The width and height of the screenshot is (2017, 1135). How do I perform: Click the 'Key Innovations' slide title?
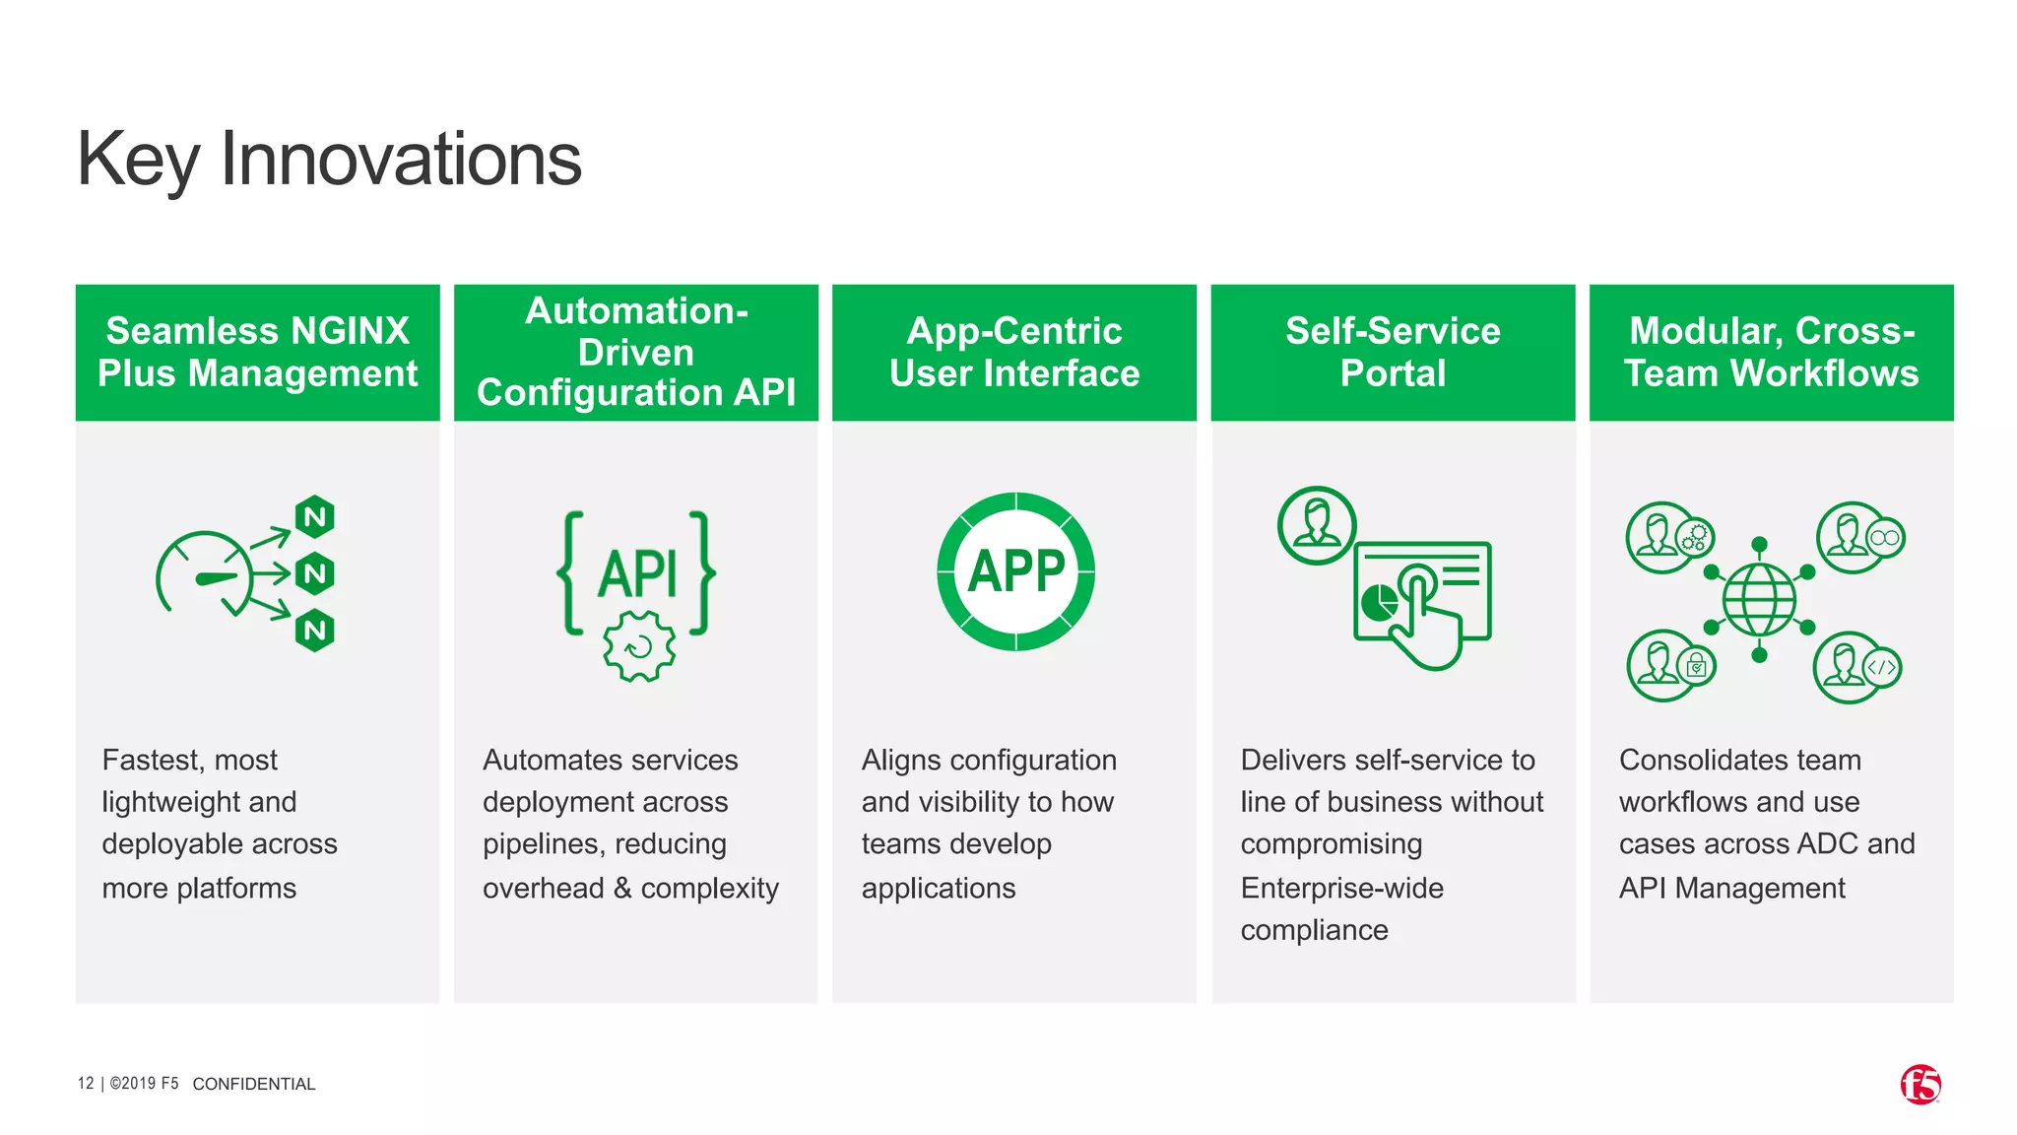point(329,160)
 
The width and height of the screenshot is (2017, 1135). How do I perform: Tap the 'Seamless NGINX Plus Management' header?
point(257,352)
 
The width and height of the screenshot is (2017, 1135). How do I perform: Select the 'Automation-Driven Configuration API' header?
point(636,352)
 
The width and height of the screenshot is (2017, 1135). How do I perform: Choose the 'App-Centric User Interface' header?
point(1014,352)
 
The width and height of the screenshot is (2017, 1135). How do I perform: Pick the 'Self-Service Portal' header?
point(1393,352)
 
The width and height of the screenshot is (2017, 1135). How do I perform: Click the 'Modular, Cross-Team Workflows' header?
point(1771,352)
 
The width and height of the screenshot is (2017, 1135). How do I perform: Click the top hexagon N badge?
point(315,516)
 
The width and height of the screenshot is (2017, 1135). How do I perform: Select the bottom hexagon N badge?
point(315,631)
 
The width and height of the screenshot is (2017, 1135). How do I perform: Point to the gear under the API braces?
point(639,646)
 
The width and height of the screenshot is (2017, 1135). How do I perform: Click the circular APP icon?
point(1015,571)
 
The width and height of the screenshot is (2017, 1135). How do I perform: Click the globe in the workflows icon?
point(1759,600)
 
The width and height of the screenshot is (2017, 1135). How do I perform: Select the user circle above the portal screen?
point(1317,525)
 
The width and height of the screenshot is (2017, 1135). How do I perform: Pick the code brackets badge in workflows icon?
point(1881,667)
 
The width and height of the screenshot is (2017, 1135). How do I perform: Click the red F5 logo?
point(1919,1085)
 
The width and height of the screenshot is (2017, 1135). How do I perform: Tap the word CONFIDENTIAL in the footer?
point(254,1084)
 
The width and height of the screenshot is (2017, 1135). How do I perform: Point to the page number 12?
point(86,1084)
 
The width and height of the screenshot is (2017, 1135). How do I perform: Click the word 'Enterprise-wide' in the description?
point(1341,888)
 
